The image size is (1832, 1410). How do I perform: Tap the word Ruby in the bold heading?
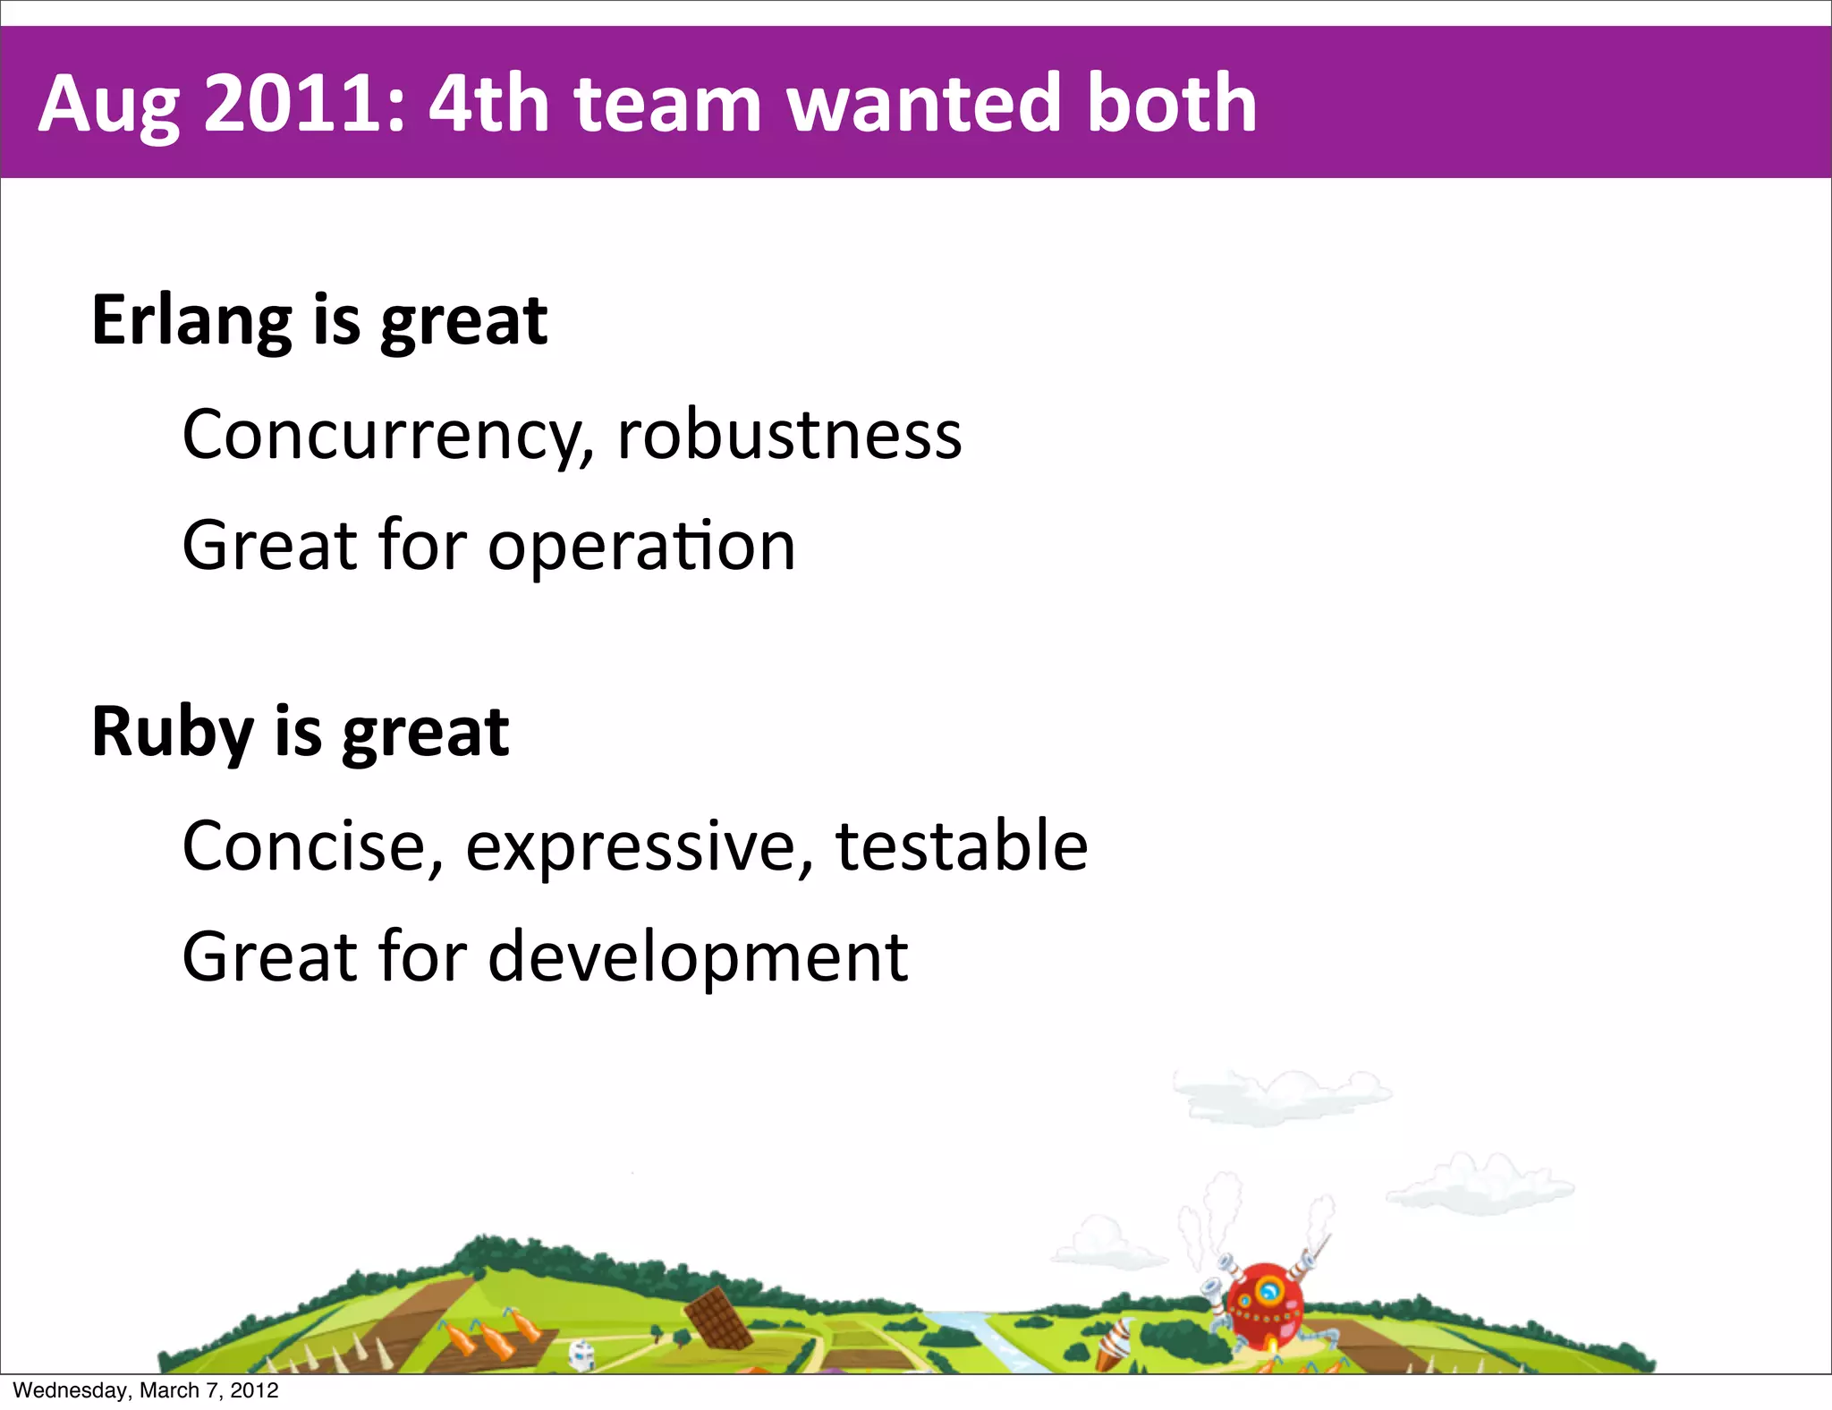tap(173, 733)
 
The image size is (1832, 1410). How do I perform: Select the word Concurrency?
tap(387, 436)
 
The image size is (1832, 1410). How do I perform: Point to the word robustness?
tap(789, 436)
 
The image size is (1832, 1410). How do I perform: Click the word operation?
tap(640, 547)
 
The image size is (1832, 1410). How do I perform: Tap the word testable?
tap(961, 846)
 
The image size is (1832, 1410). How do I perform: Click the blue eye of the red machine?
tap(1268, 1291)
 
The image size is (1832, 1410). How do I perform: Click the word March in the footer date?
tap(169, 1390)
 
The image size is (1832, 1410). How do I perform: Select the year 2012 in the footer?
tap(254, 1390)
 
